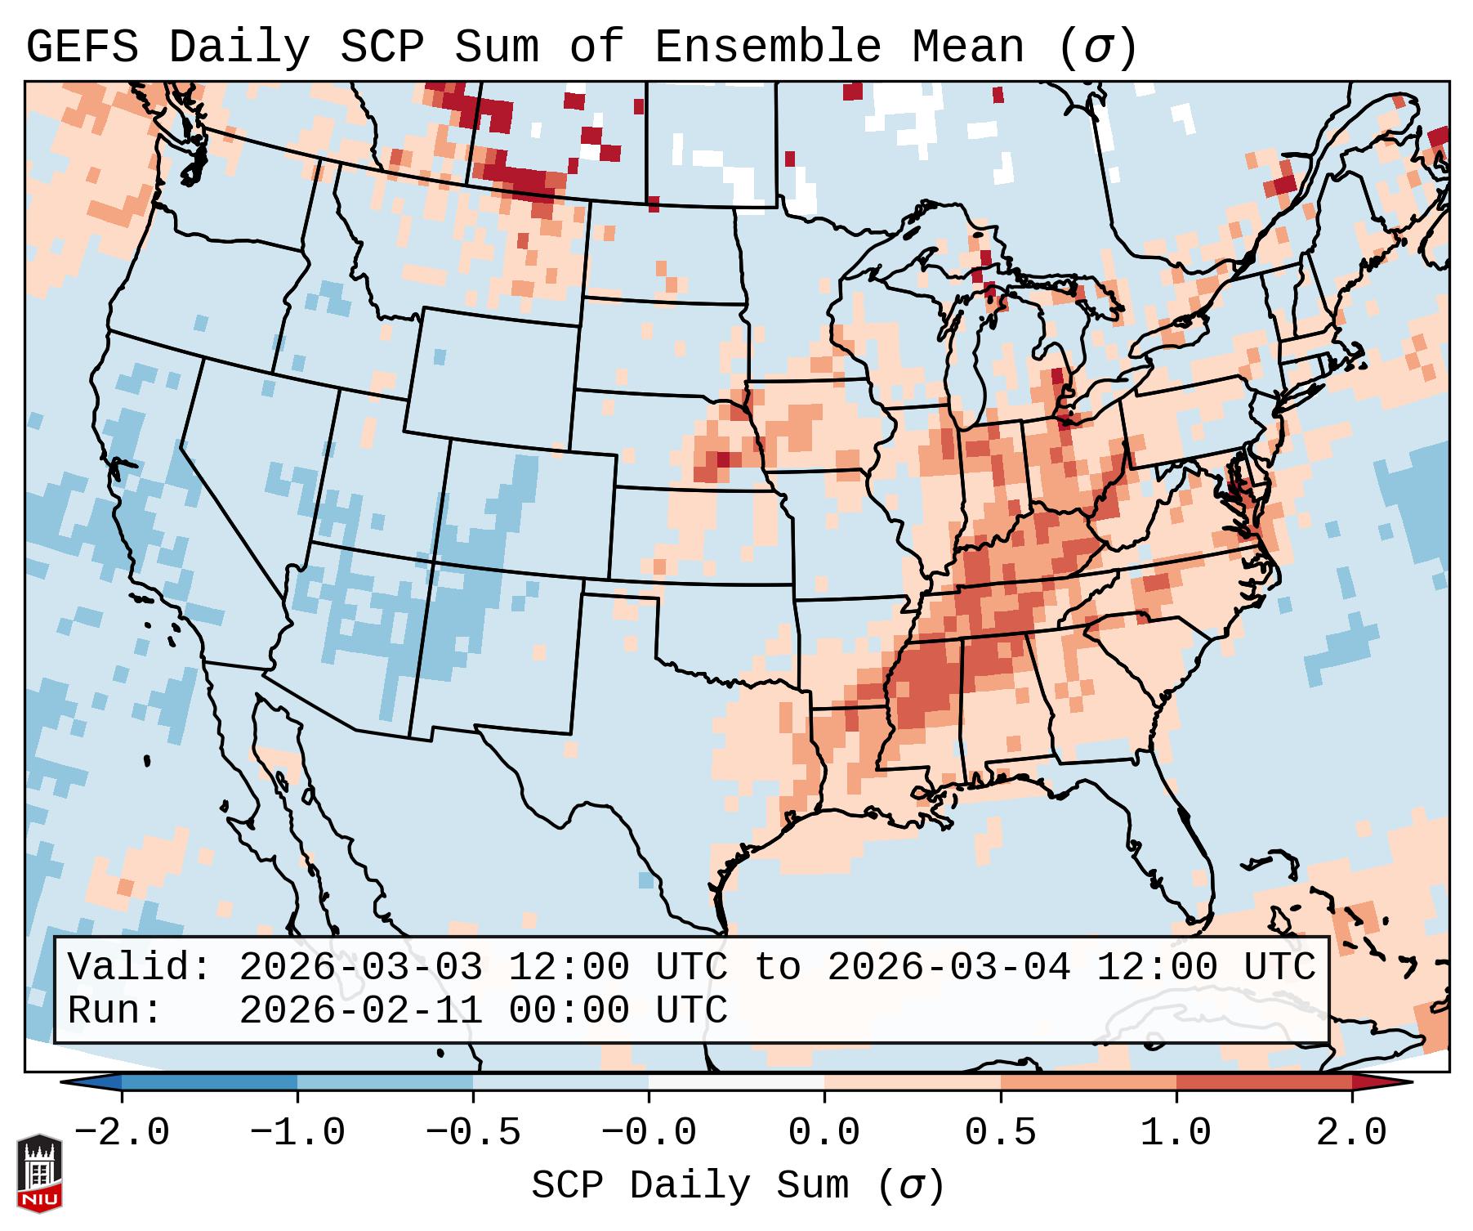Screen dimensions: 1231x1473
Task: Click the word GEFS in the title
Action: [x=82, y=47]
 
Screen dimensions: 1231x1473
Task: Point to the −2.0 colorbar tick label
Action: [x=122, y=1133]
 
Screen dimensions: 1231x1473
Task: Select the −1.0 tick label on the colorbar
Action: [x=297, y=1133]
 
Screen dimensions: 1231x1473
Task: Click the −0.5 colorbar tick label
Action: [x=473, y=1133]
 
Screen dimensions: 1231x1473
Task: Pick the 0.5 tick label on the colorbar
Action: [x=1001, y=1133]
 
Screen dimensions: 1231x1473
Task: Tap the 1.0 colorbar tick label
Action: [x=1176, y=1133]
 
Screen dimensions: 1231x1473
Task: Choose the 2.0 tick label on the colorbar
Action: [x=1352, y=1133]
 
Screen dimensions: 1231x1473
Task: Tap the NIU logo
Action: [x=39, y=1173]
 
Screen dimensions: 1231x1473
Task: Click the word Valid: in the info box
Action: [x=140, y=968]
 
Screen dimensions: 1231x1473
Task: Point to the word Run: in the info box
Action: [x=115, y=1010]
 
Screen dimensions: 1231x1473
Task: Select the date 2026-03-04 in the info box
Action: [x=949, y=968]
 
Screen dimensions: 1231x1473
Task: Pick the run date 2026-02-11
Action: [x=360, y=1010]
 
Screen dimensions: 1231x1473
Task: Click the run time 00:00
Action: [x=569, y=1010]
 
